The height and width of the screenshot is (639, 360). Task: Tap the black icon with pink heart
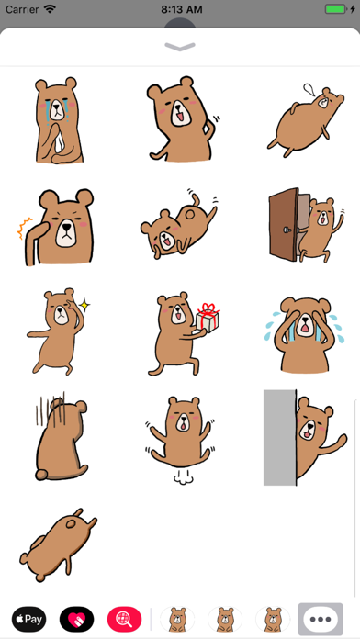[x=77, y=619]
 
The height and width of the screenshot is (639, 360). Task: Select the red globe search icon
[x=125, y=619]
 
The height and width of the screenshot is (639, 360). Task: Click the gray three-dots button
[x=321, y=619]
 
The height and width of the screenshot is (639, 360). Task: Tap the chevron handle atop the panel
[x=180, y=46]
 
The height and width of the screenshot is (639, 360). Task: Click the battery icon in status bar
[x=334, y=8]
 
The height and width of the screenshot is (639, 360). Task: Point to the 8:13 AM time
[x=180, y=8]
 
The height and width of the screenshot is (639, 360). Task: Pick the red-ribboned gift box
[x=208, y=318]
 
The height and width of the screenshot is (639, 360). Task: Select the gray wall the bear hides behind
[x=279, y=437]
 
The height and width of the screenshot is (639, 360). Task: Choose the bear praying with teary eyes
[x=57, y=119]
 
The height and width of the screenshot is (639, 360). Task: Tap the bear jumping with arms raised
[x=179, y=426]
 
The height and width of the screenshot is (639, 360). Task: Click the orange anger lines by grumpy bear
[x=26, y=227]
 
